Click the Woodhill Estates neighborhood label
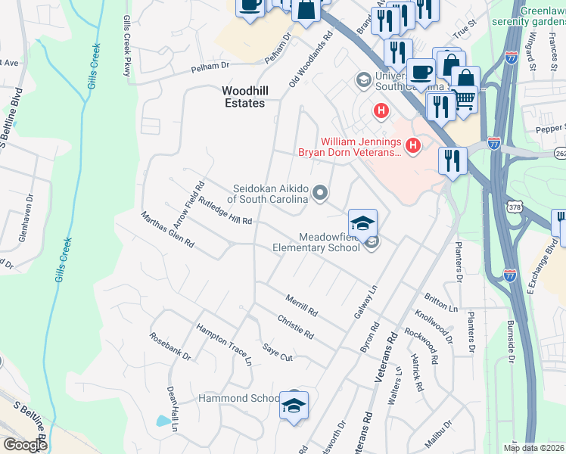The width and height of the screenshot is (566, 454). (x=243, y=96)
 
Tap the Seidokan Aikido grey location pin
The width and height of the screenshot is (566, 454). (x=320, y=193)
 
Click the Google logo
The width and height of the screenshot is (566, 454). (x=25, y=444)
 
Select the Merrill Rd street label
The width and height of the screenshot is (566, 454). (x=302, y=306)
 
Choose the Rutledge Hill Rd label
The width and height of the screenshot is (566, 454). (x=225, y=212)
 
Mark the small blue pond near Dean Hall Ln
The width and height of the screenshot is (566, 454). (x=163, y=421)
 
